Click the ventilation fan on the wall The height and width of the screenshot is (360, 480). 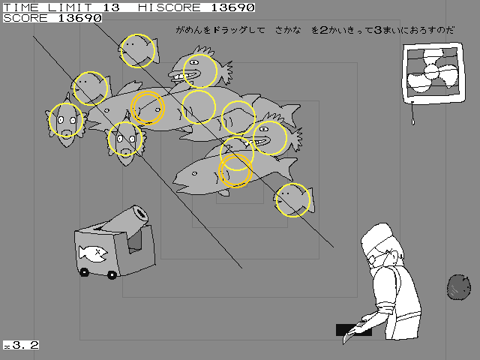430,73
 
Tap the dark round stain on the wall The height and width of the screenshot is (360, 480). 458,286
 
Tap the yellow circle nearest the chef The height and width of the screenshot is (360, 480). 292,199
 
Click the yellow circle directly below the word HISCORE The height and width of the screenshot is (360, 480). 199,70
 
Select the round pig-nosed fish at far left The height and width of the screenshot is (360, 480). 66,121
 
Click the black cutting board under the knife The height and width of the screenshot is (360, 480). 352,330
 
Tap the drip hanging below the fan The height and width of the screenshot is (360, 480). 412,116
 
